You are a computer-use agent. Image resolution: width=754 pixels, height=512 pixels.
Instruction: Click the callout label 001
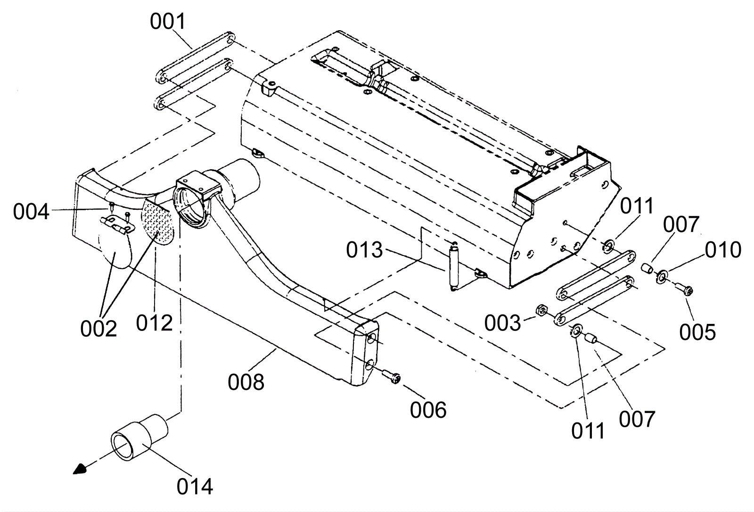coord(168,22)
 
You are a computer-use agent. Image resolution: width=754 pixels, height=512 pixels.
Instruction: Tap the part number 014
coord(195,486)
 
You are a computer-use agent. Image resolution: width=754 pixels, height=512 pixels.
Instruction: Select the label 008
coord(246,382)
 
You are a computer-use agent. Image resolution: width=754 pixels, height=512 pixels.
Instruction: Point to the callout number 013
coord(364,250)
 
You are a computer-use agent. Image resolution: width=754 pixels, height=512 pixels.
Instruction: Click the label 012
coord(155,323)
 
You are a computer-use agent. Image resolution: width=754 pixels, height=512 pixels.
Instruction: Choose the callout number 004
coord(31,212)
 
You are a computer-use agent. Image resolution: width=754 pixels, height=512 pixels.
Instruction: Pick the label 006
coord(428,410)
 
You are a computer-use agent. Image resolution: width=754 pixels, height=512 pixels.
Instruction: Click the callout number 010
coord(723,250)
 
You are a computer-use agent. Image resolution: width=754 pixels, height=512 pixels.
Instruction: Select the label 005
coord(697,332)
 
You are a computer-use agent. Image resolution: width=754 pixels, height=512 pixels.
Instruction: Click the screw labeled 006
coord(391,377)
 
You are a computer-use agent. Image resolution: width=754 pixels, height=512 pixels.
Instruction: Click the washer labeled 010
coord(662,275)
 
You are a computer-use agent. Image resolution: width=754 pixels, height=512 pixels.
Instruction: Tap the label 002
coord(98,329)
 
